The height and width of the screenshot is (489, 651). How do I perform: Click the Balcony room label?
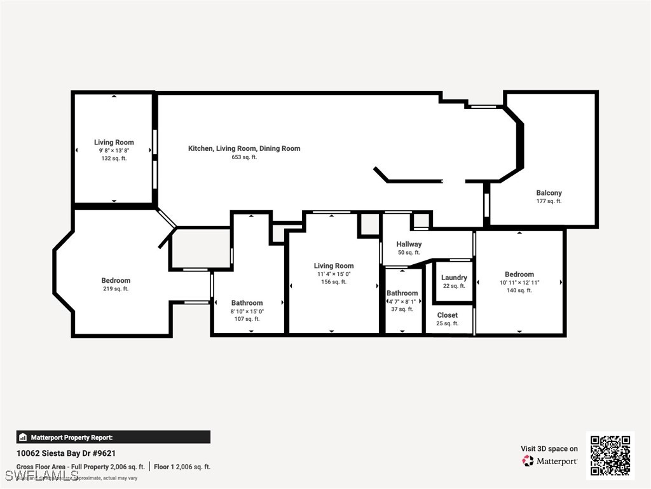(x=549, y=193)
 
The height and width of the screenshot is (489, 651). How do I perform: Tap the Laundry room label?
(x=454, y=278)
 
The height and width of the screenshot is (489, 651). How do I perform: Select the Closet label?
(x=447, y=315)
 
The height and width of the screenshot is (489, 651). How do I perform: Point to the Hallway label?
(x=409, y=244)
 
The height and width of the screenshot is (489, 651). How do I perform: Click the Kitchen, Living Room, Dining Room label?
(x=244, y=148)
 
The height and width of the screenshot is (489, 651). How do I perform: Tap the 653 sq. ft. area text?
(x=244, y=157)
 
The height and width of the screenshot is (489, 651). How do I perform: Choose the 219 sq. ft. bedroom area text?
(x=116, y=289)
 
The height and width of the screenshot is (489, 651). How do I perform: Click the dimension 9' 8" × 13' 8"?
(x=114, y=151)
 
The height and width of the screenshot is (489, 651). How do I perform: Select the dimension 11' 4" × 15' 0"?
(x=334, y=274)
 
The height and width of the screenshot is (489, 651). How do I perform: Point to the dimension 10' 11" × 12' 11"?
(x=519, y=283)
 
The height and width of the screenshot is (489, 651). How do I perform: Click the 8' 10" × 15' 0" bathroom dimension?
(x=247, y=311)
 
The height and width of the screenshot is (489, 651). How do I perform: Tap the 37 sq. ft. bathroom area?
(x=402, y=309)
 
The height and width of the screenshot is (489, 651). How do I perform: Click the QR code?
(x=610, y=455)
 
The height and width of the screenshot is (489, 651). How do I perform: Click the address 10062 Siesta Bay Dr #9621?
(x=66, y=454)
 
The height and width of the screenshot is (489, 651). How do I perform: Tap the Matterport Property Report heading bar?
(x=113, y=437)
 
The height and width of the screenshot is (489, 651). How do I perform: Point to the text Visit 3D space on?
(x=549, y=449)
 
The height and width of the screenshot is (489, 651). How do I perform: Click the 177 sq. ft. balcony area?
(x=549, y=202)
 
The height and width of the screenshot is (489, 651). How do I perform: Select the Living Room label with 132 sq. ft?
(x=114, y=143)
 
